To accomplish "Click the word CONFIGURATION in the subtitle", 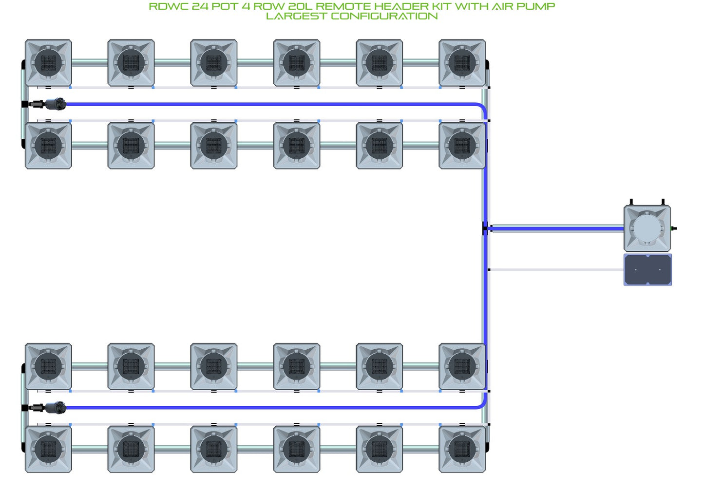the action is pos(384,16).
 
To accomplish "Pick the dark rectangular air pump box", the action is pos(648,270).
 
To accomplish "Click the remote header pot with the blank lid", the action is pos(647,228).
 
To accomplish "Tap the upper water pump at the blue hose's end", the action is pos(56,104).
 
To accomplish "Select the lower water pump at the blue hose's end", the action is pos(56,407).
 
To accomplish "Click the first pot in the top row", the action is pos(48,63).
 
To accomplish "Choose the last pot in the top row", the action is pos(462,63).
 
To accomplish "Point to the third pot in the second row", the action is pos(214,146).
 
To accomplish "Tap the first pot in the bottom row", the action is pos(48,449).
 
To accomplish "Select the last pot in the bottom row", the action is pos(462,449).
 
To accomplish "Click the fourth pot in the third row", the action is pos(296,366).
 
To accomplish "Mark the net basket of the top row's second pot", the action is pos(131,63).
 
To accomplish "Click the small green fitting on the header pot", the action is pos(673,228).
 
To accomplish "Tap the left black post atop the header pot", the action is pos(631,202).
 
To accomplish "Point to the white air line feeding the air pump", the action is pos(556,269).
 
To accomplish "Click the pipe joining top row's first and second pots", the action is pos(90,63).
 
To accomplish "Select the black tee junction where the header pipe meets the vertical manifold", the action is pos(485,228).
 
